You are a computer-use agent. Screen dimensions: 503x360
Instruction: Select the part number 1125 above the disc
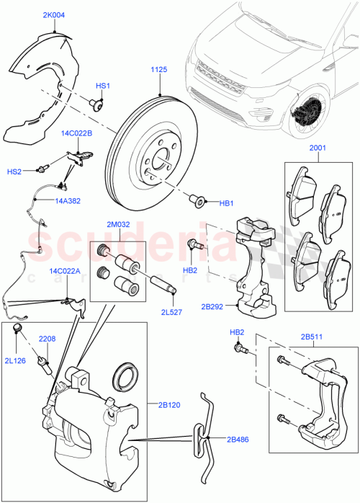pyautogui.click(x=158, y=70)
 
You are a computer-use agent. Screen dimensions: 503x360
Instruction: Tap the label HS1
pyautogui.click(x=102, y=86)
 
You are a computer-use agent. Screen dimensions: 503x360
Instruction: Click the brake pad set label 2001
pyautogui.click(x=318, y=150)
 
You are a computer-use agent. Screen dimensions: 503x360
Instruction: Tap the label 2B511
pyautogui.click(x=312, y=336)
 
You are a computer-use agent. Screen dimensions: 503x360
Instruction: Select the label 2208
pyautogui.click(x=47, y=338)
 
